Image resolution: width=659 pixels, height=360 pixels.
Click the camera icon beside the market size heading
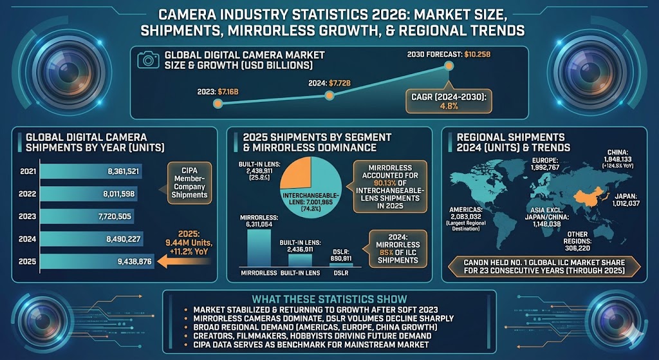point(149,59)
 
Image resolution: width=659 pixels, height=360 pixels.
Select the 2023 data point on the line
point(218,104)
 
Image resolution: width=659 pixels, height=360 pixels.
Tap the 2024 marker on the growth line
point(330,95)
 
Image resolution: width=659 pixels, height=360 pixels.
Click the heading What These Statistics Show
point(329,299)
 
